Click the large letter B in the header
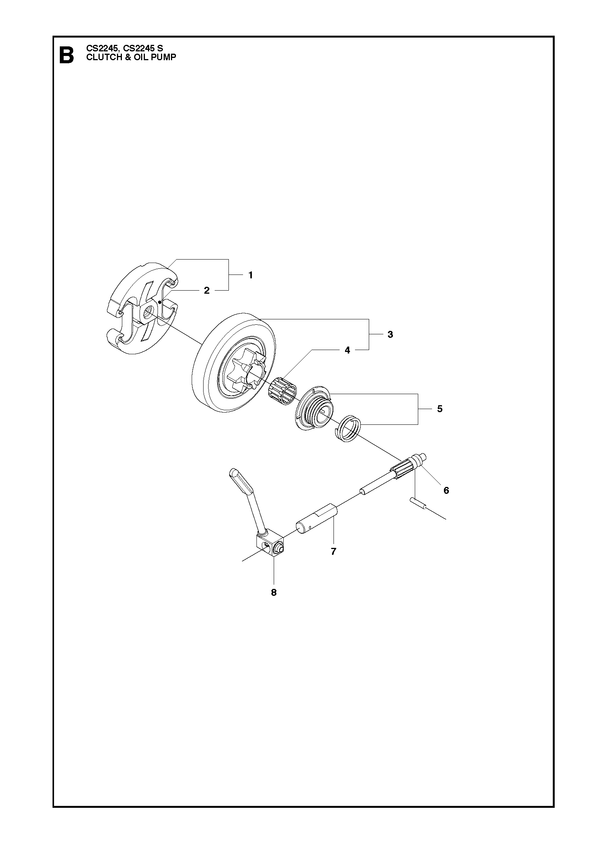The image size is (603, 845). click(x=66, y=55)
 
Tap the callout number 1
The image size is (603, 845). click(x=250, y=275)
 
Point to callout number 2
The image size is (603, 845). click(x=207, y=291)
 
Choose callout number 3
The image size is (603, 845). click(x=390, y=334)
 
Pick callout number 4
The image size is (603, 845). click(x=347, y=350)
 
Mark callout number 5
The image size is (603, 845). click(x=440, y=409)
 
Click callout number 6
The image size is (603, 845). click(x=446, y=490)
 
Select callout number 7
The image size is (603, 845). click(x=333, y=551)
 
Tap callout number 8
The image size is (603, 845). click(x=274, y=592)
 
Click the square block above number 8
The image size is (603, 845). click(x=270, y=546)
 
